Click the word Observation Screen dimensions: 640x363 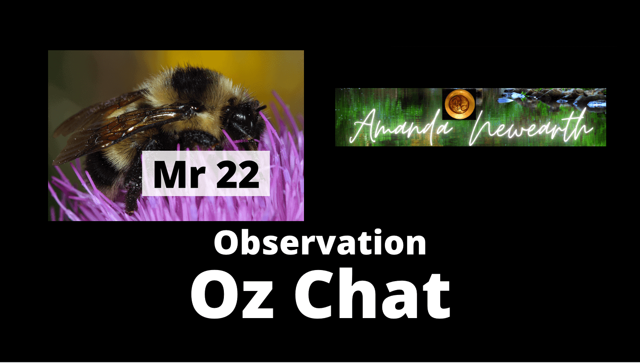point(320,243)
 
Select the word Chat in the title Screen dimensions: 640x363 point(373,294)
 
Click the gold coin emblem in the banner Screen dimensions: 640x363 point(459,104)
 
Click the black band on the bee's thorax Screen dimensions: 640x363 point(194,83)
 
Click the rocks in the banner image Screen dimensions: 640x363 point(551,97)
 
